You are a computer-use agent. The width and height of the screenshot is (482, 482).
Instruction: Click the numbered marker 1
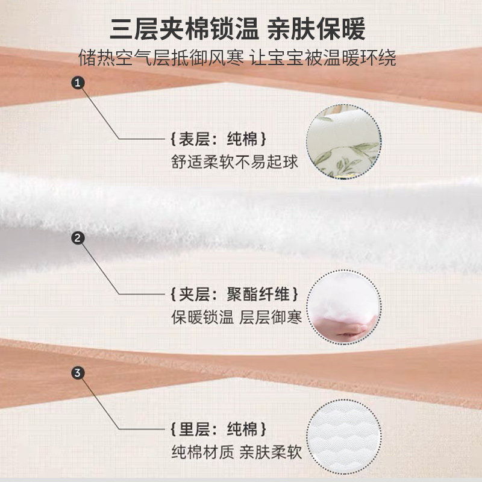tap(78, 83)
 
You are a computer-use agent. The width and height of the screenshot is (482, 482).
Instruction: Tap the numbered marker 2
tap(78, 239)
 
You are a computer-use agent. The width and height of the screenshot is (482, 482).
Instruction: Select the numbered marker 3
tap(78, 373)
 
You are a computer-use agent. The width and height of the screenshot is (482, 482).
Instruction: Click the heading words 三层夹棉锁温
tap(177, 28)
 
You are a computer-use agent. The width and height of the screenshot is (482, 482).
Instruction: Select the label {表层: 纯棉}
tap(218, 139)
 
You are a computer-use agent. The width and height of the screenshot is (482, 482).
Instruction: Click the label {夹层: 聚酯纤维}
tap(234, 295)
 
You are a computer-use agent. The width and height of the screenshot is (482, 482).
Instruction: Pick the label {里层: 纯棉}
tap(218, 430)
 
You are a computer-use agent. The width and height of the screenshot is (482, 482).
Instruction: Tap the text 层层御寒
tap(271, 317)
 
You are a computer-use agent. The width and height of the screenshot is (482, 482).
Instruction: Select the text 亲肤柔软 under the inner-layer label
tap(271, 452)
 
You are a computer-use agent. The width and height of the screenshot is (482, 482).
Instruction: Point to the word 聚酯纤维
tap(263, 295)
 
